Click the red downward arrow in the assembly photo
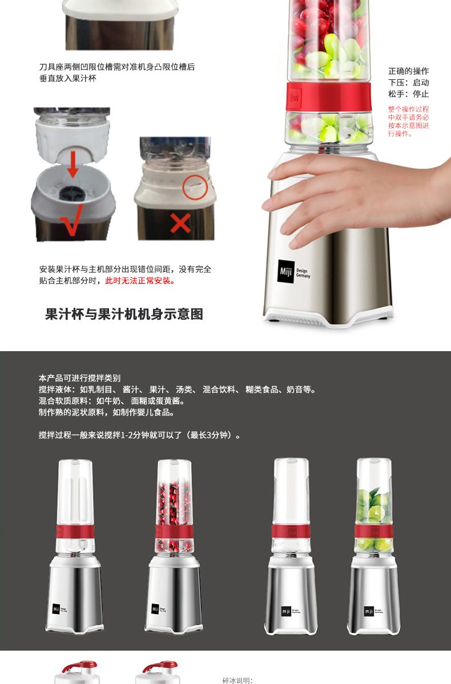click(x=73, y=164)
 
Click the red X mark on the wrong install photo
click(x=180, y=223)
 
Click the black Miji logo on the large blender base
click(x=286, y=271)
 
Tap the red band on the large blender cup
click(x=329, y=96)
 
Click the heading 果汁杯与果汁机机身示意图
click(x=124, y=314)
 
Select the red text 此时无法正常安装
click(x=140, y=280)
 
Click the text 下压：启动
click(x=409, y=83)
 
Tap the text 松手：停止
click(x=409, y=93)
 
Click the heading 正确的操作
click(x=409, y=71)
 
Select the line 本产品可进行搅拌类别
click(x=79, y=378)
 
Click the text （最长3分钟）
click(x=211, y=435)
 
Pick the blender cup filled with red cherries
click(x=174, y=507)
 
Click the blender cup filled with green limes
click(x=373, y=506)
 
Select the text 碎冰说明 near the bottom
click(x=237, y=681)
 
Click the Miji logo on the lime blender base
click(x=369, y=611)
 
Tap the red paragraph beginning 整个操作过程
click(x=409, y=121)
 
